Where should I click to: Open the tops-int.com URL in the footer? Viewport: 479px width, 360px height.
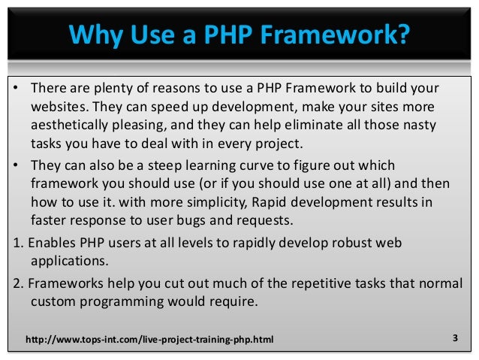149,341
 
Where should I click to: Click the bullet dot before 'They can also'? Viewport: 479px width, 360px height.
16,165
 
